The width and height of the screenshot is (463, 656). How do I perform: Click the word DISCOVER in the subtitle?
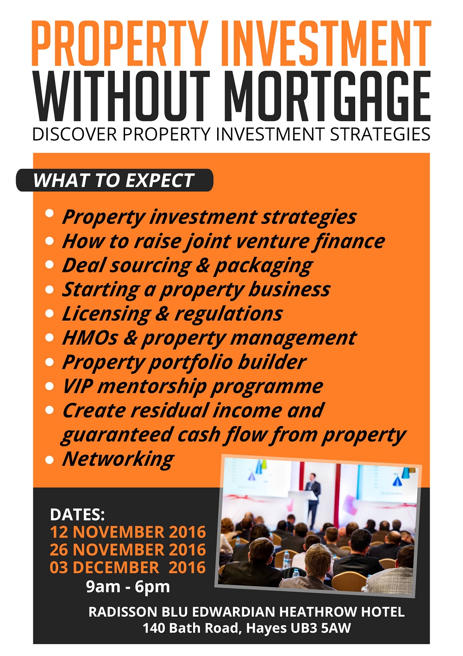[75, 134]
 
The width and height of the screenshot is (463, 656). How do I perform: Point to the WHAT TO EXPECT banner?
[114, 180]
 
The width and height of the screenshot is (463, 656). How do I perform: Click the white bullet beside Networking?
[50, 459]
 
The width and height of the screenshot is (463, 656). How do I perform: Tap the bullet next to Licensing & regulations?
[50, 314]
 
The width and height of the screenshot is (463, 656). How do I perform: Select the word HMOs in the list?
[90, 338]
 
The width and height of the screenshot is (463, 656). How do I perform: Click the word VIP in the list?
[78, 386]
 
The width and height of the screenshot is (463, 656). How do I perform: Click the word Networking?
[119, 460]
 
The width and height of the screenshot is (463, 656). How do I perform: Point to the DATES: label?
[77, 514]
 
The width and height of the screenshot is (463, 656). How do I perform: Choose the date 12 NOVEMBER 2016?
[128, 532]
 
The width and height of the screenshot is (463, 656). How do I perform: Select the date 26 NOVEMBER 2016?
[128, 550]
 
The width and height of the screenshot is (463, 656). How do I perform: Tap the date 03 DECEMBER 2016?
[128, 568]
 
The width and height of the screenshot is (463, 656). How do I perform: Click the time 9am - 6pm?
[128, 587]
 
